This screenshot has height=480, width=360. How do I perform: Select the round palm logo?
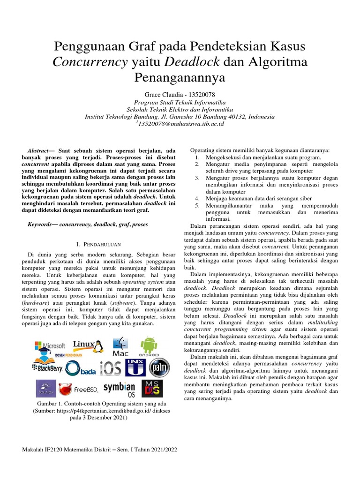(x=159, y=367)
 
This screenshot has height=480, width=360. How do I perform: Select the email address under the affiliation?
(x=180, y=124)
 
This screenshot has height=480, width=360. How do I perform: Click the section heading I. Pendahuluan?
(x=99, y=244)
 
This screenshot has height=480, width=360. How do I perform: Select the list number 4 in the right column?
(x=197, y=199)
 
